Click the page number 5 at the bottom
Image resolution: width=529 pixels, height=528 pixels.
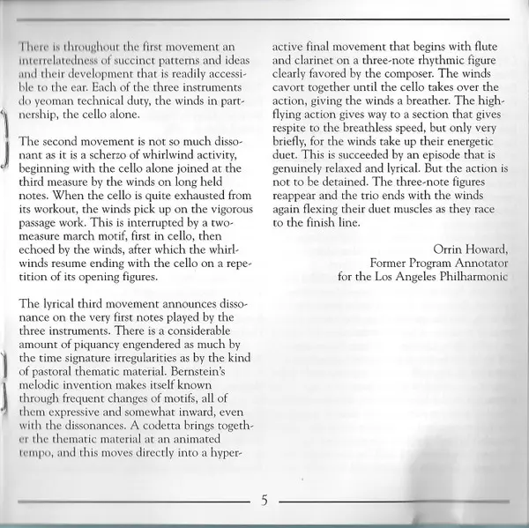[x=264, y=501]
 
